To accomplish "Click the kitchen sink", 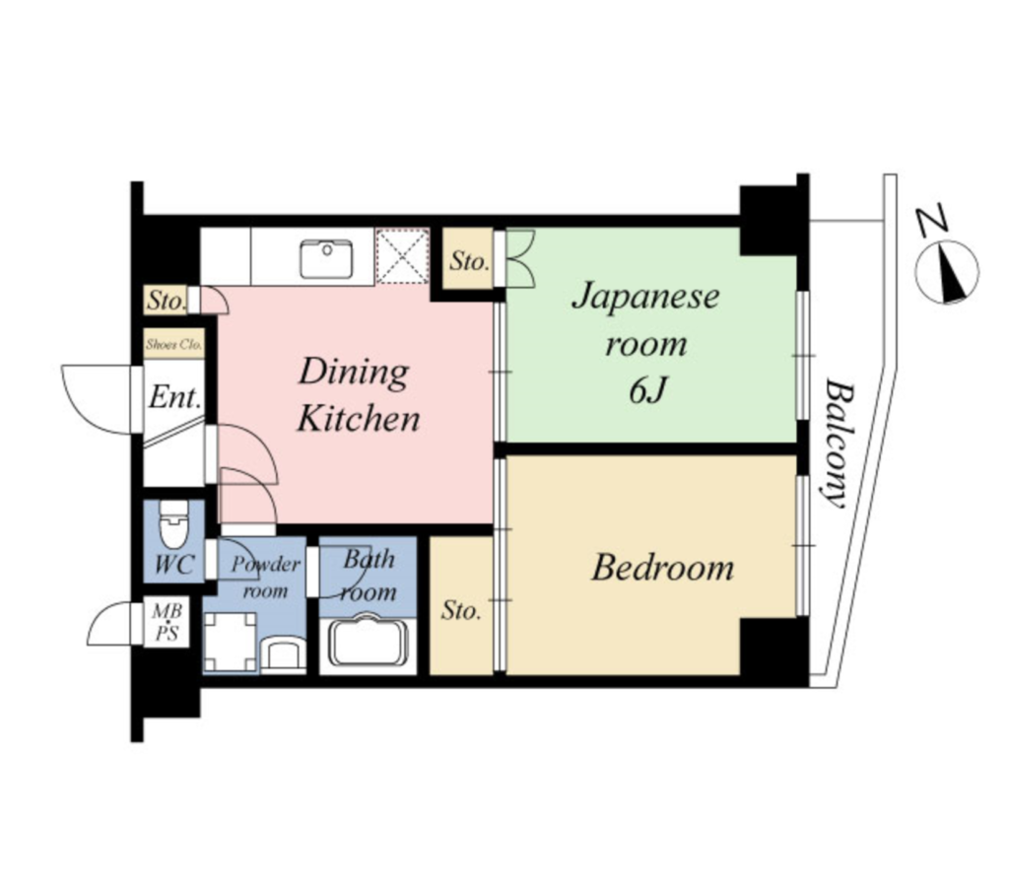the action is click(x=326, y=259).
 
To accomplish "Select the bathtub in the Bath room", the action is click(x=369, y=642).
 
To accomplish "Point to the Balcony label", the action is click(x=839, y=444).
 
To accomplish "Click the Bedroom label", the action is click(x=662, y=568).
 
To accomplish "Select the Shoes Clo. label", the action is click(x=173, y=344).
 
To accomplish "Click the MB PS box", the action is click(x=167, y=622).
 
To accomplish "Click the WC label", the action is click(x=174, y=565).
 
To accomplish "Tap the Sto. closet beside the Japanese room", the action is click(x=468, y=259).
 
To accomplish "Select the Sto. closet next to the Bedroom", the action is click(x=461, y=606).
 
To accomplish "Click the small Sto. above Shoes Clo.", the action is click(x=166, y=301).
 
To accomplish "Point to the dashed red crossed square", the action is click(x=402, y=255).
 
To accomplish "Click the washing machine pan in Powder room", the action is click(x=231, y=642).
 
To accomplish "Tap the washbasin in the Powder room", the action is click(x=283, y=654).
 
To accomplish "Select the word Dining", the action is click(x=354, y=373).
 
